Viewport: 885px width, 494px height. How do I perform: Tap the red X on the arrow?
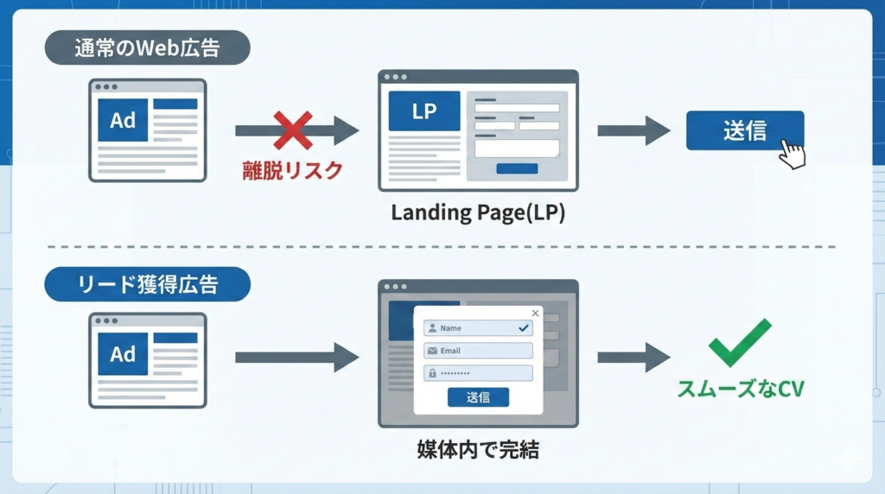tap(293, 130)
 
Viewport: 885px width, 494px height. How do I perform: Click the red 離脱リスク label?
tap(292, 170)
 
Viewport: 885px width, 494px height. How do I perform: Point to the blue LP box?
tap(423, 111)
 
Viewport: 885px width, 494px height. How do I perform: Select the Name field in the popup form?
tap(478, 328)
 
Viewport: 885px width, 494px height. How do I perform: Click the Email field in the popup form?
tap(478, 351)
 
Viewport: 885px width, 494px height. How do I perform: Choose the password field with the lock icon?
tap(478, 373)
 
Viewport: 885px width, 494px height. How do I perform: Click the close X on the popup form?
tap(535, 313)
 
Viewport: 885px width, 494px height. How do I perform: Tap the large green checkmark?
tap(739, 343)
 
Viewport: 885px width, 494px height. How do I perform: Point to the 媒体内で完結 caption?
tap(477, 449)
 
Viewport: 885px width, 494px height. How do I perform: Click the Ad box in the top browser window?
tap(123, 120)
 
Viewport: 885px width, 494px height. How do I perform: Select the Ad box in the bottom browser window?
tap(123, 354)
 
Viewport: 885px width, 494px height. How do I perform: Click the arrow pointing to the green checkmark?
tap(634, 357)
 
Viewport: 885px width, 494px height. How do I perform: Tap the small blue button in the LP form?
tap(517, 168)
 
